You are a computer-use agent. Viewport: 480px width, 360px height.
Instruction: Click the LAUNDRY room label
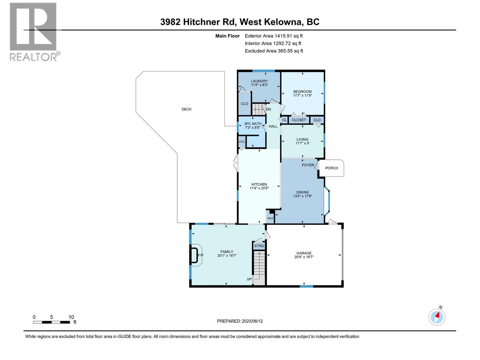click(x=259, y=81)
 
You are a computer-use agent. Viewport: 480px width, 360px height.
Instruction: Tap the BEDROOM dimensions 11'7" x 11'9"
click(x=302, y=96)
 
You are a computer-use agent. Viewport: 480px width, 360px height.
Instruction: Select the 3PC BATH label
click(x=253, y=124)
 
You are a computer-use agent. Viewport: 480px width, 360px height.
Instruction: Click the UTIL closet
click(x=242, y=142)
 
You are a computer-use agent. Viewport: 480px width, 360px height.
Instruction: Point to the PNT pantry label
click(x=270, y=218)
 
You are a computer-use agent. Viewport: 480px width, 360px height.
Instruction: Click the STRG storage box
click(x=259, y=246)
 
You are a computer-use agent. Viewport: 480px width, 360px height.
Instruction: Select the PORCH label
click(x=331, y=168)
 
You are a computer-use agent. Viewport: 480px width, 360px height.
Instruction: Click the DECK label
click(x=186, y=109)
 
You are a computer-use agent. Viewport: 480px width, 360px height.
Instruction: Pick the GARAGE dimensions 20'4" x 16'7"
click(x=304, y=257)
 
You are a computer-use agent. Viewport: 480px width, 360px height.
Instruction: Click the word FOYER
click(x=308, y=165)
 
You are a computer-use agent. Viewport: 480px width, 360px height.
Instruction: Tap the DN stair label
click(x=268, y=109)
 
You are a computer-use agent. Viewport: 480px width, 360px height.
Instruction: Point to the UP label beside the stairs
click(x=249, y=279)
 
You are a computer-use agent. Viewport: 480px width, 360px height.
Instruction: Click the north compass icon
click(x=437, y=317)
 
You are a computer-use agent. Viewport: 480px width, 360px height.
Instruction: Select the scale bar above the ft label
click(x=51, y=322)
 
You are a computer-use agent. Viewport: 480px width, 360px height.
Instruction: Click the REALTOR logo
click(x=34, y=31)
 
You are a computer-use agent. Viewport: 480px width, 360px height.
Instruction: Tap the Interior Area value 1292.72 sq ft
click(x=287, y=43)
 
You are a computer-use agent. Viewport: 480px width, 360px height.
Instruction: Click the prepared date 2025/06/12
click(x=252, y=321)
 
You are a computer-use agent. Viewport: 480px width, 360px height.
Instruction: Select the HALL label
click(x=273, y=126)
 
